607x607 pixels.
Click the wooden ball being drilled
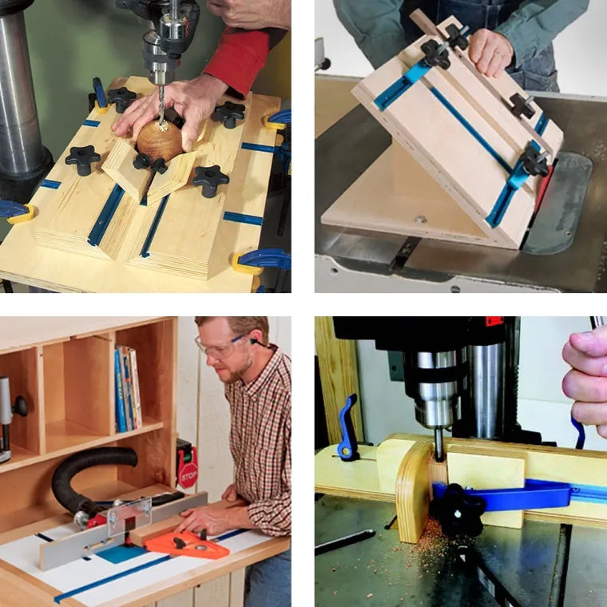[159, 141]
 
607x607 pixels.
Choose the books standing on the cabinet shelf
[128, 387]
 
